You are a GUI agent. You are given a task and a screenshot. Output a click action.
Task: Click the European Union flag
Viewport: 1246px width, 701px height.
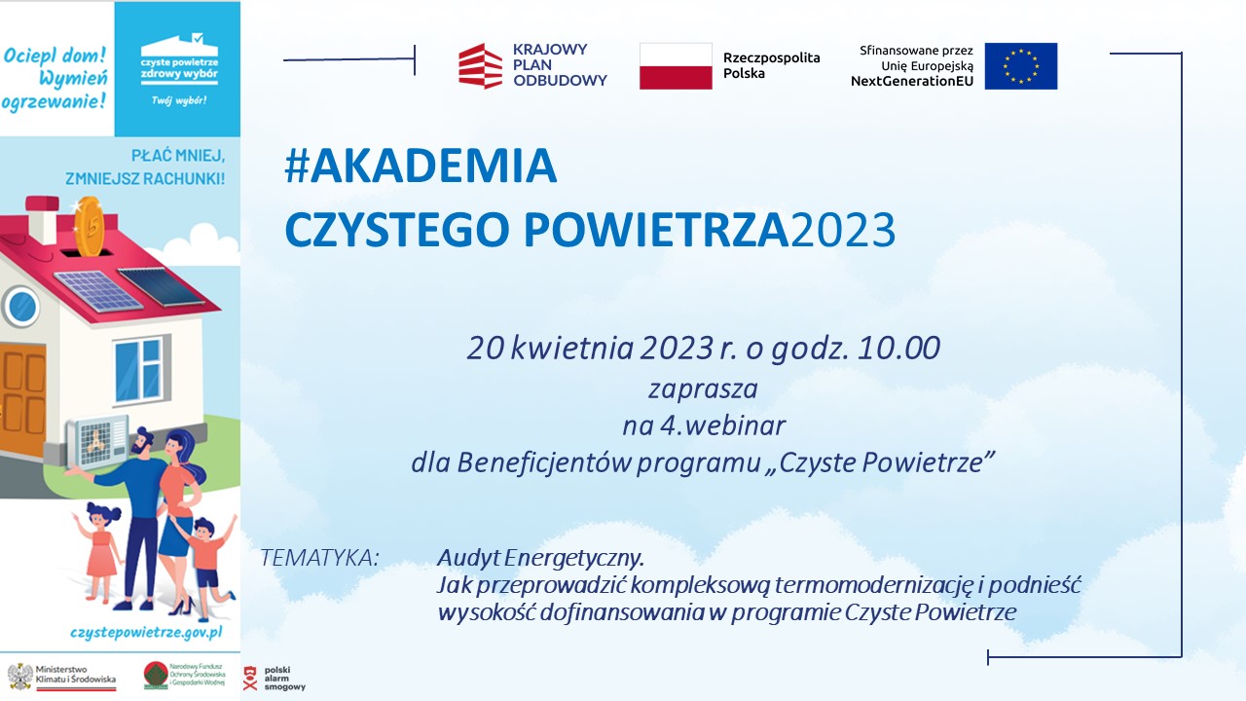pyautogui.click(x=1021, y=66)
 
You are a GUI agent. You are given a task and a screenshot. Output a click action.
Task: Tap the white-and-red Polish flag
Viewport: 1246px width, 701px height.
pyautogui.click(x=676, y=66)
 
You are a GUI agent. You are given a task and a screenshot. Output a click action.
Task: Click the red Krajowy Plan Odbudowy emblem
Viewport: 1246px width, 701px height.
pyautogui.click(x=481, y=66)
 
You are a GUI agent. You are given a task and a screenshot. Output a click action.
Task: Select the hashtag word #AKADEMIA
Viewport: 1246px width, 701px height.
pyautogui.click(x=421, y=166)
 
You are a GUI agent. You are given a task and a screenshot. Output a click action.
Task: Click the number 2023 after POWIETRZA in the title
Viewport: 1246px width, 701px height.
pyautogui.click(x=843, y=229)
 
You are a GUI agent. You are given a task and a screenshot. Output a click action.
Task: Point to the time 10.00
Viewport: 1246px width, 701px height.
pyautogui.click(x=898, y=348)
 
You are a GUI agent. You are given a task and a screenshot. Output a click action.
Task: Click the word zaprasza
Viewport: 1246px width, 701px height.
pyautogui.click(x=703, y=389)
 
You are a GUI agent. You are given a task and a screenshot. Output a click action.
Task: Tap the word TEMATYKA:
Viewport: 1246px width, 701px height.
pyautogui.click(x=320, y=558)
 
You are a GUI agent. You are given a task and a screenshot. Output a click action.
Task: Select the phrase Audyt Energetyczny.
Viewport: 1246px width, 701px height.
pyautogui.click(x=540, y=558)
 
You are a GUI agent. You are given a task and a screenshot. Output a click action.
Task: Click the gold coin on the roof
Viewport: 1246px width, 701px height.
pyautogui.click(x=89, y=226)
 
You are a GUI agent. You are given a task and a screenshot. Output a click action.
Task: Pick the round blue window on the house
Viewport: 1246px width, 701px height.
pyautogui.click(x=21, y=307)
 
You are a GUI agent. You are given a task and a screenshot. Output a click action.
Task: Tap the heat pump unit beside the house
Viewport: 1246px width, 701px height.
pyautogui.click(x=96, y=442)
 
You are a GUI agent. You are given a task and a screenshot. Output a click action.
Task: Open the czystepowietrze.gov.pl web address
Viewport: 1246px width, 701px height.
pyautogui.click(x=146, y=633)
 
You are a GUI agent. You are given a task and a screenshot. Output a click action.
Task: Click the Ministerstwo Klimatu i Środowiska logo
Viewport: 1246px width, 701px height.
pyautogui.click(x=61, y=677)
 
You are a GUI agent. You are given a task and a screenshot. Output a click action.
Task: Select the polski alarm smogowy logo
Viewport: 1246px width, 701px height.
pyautogui.click(x=275, y=679)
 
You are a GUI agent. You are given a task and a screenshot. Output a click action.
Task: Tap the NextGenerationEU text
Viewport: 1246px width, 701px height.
pyautogui.click(x=912, y=81)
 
